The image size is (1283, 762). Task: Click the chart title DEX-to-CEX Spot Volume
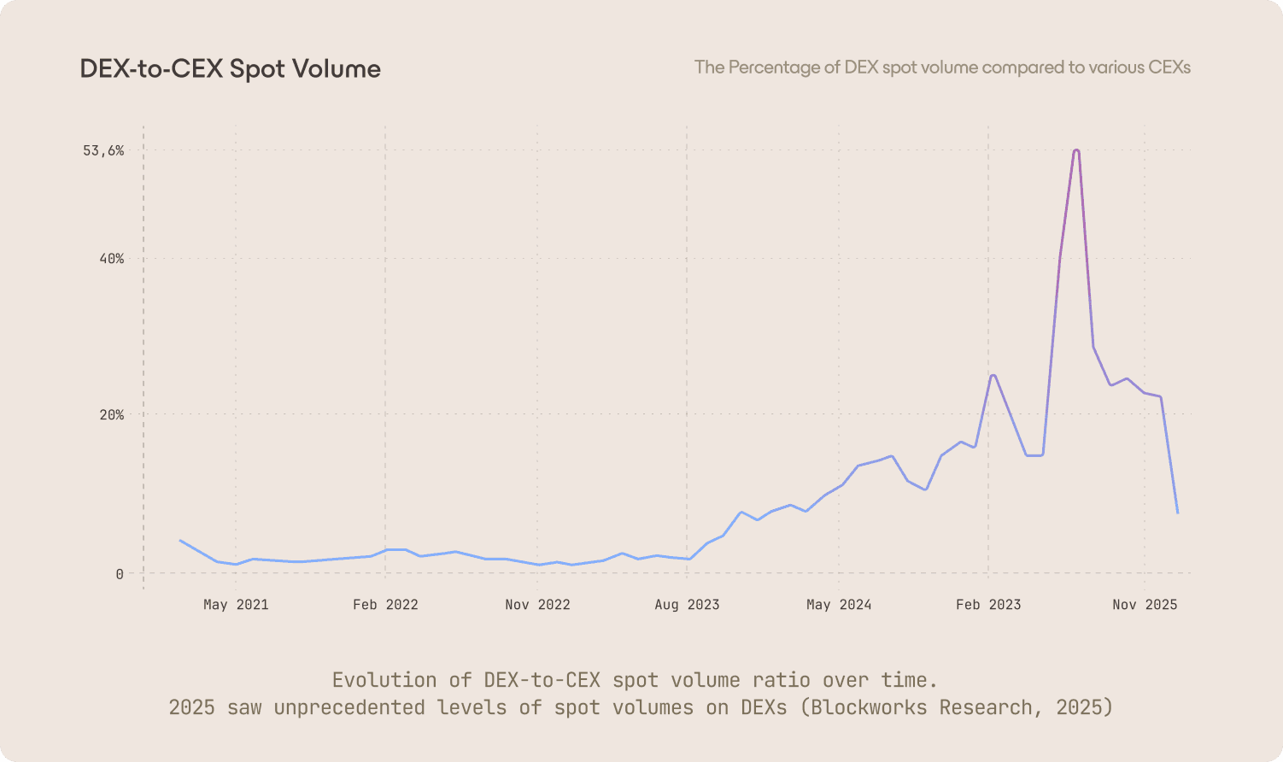pos(230,69)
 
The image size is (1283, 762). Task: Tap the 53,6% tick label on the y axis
pos(103,151)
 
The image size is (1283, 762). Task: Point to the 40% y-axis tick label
pos(112,259)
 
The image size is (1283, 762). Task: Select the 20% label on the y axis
pos(112,415)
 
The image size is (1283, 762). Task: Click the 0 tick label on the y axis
pos(120,574)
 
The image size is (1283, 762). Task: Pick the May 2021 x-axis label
pos(236,605)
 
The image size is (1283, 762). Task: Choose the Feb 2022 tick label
pos(385,605)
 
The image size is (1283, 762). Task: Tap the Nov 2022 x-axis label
pos(537,605)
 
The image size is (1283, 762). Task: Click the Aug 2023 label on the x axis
pos(687,605)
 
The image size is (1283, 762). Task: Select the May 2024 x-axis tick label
pos(839,605)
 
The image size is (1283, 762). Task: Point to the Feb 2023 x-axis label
pos(988,605)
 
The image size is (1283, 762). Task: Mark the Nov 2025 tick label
pos(1145,605)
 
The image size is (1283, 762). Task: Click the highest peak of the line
pos(1076,150)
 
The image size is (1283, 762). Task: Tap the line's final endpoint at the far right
pos(1178,513)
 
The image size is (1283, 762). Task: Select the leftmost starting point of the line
pos(179,540)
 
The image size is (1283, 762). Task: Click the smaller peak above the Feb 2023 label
pos(993,375)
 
